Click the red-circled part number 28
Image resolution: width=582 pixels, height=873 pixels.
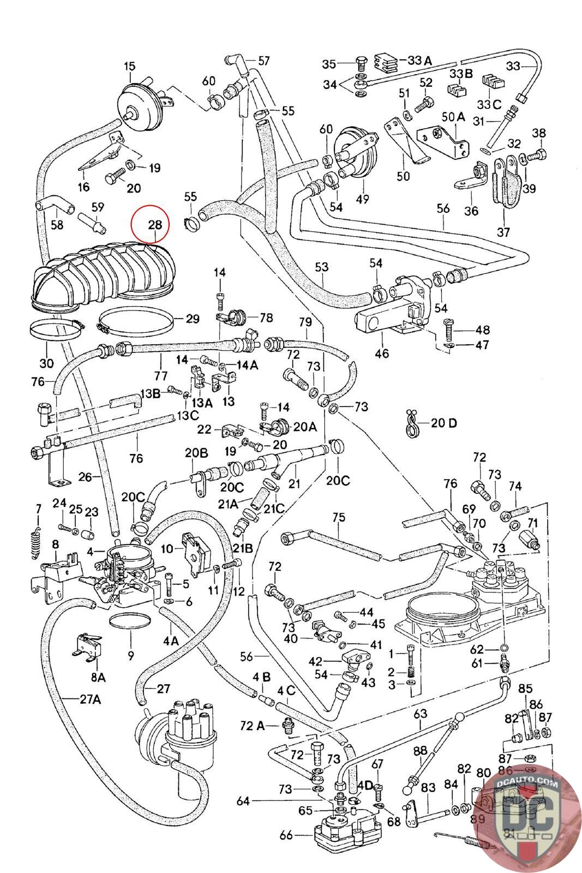155,224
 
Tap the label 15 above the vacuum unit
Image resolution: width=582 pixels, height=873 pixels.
129,67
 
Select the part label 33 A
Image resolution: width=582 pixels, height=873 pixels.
419,61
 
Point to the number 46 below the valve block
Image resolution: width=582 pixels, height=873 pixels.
382,353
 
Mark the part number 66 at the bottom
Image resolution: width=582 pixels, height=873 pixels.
286,835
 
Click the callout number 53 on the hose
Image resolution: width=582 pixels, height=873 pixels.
322,267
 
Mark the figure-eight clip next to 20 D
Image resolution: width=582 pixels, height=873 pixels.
412,423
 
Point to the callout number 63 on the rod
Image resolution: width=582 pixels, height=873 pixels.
421,713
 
